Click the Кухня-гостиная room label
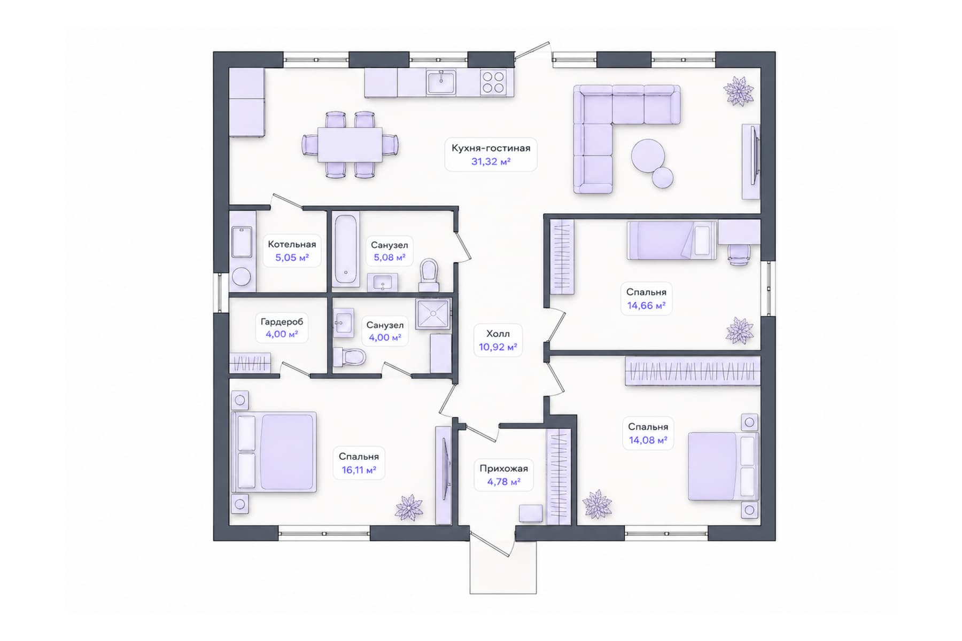[x=491, y=148]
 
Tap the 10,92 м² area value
[x=498, y=347]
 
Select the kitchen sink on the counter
[x=441, y=83]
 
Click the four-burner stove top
[x=493, y=83]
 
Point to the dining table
[x=350, y=144]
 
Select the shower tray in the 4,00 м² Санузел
[x=433, y=314]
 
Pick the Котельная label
[x=292, y=244]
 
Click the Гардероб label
[x=282, y=322]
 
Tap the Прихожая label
[x=503, y=468]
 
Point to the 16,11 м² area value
[x=359, y=470]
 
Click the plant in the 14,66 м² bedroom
[x=740, y=330]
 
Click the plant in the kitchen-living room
[x=739, y=91]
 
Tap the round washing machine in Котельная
[x=242, y=277]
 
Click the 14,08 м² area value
[x=648, y=441]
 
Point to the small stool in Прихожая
[x=531, y=514]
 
